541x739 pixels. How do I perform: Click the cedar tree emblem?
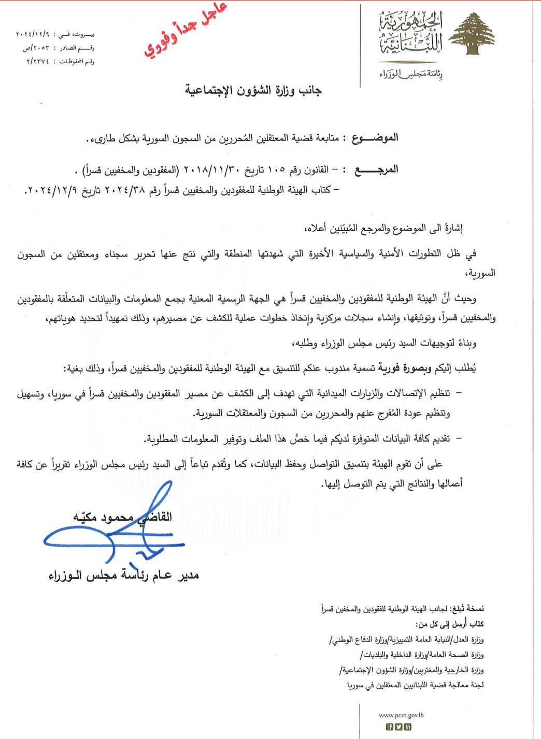coord(471,35)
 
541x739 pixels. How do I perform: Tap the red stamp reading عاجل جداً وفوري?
coord(185,30)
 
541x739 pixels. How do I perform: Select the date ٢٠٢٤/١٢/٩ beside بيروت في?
coord(32,35)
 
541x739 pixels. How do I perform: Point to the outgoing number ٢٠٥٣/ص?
coord(36,48)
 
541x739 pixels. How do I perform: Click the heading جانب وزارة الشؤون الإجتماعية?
coord(253,91)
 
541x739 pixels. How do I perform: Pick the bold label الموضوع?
coord(375,138)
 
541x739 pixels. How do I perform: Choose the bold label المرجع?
coord(376,170)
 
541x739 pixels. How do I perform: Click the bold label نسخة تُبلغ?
coord(467,608)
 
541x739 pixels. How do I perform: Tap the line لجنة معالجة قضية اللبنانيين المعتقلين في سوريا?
coord(415,685)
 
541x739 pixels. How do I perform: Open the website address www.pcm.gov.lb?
coord(401,715)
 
